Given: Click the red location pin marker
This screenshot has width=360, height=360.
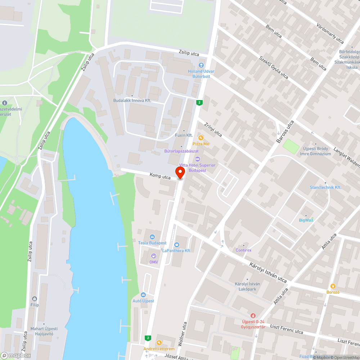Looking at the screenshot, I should [x=180, y=172].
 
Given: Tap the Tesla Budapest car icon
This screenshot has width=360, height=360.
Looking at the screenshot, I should [x=152, y=237].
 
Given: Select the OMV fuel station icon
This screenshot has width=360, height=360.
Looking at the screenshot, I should [x=154, y=256].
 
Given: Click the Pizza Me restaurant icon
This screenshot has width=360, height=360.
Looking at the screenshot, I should [x=201, y=138].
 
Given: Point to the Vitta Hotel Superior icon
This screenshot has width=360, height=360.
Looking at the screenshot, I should [x=197, y=159].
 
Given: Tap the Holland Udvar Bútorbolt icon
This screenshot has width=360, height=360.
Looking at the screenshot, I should [x=201, y=65].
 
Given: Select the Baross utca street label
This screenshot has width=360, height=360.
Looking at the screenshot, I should [x=285, y=132].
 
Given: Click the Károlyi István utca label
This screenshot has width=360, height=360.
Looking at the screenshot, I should [x=268, y=272].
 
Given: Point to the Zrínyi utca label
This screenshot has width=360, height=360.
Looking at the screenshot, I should [x=213, y=129].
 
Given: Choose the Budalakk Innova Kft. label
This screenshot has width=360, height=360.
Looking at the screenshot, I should [x=132, y=101].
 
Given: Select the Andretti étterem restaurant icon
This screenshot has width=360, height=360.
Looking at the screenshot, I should [x=159, y=342].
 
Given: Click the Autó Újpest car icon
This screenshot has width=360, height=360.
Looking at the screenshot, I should [x=143, y=295].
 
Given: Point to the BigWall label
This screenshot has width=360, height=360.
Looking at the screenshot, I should [x=306, y=220].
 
